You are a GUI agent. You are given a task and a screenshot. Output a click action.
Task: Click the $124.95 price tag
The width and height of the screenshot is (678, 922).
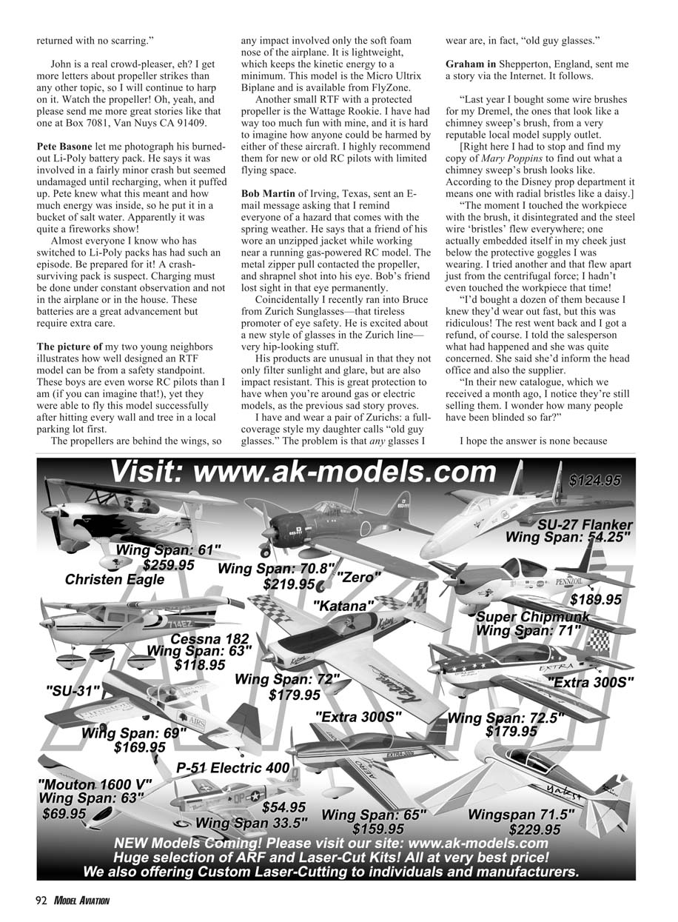595,481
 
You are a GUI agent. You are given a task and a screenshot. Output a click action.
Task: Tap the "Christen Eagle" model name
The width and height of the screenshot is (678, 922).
115,580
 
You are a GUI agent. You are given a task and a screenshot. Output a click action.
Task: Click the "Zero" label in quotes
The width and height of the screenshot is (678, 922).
359,577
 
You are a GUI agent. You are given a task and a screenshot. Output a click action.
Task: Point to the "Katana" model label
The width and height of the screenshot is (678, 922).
343,606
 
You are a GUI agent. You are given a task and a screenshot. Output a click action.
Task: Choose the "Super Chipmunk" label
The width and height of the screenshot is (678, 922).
533,617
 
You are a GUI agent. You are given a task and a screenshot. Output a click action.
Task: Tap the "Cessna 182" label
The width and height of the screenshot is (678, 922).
210,638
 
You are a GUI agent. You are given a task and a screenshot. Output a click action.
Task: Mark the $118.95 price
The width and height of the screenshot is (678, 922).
200,665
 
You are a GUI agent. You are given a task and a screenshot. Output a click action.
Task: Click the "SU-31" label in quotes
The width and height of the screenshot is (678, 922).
73,692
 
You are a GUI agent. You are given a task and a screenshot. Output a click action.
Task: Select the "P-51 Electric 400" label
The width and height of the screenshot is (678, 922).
232,768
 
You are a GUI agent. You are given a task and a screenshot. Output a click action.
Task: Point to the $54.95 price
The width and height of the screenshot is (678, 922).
284,806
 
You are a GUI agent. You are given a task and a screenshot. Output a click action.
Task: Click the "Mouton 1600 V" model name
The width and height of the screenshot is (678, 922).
95,784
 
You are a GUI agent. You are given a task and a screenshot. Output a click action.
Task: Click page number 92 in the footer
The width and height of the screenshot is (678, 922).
41,901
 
